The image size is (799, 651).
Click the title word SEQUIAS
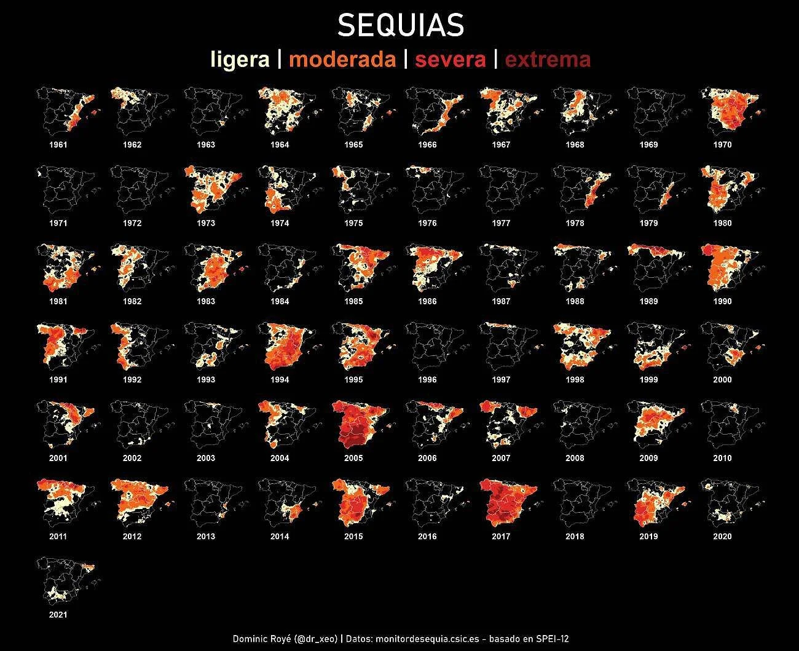(x=400, y=26)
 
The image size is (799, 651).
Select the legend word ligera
(x=240, y=60)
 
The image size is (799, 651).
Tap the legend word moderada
(x=342, y=60)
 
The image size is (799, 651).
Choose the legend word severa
(x=450, y=60)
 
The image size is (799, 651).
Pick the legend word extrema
(x=548, y=60)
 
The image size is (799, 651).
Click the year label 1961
(x=58, y=145)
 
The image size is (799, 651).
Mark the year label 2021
(x=58, y=615)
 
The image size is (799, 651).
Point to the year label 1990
(x=722, y=301)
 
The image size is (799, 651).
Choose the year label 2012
(x=132, y=537)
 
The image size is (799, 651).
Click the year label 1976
(x=427, y=223)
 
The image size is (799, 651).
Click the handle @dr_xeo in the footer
(x=316, y=639)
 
